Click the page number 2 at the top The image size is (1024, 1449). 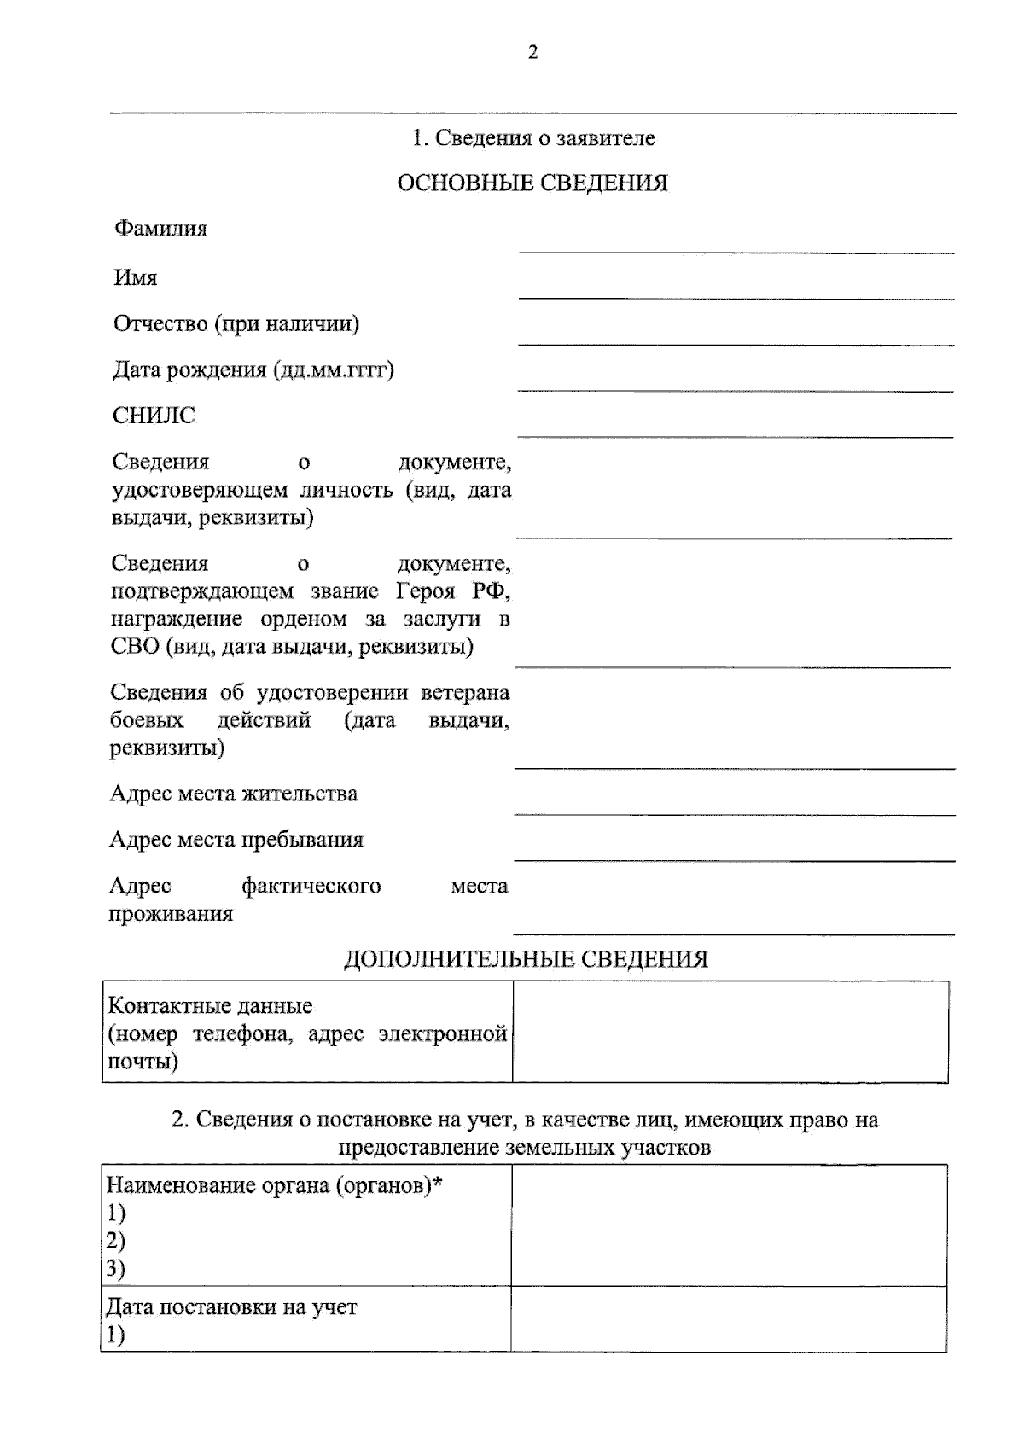coord(533,53)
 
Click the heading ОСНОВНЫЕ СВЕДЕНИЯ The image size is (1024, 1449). coord(532,183)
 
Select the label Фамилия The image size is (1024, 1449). coord(160,229)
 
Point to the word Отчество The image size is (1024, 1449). coord(160,324)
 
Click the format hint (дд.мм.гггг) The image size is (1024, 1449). coord(334,371)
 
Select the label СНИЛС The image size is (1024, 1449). coord(154,416)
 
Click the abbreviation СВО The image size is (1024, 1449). coord(136,647)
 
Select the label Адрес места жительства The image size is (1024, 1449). coord(234,794)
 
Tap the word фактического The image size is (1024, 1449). coord(311,886)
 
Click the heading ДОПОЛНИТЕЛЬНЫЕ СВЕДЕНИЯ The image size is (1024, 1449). coord(526,960)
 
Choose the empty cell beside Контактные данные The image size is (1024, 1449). coord(730,1032)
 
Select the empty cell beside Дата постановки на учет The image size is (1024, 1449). coord(729,1318)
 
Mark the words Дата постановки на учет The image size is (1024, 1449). coord(231,1307)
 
